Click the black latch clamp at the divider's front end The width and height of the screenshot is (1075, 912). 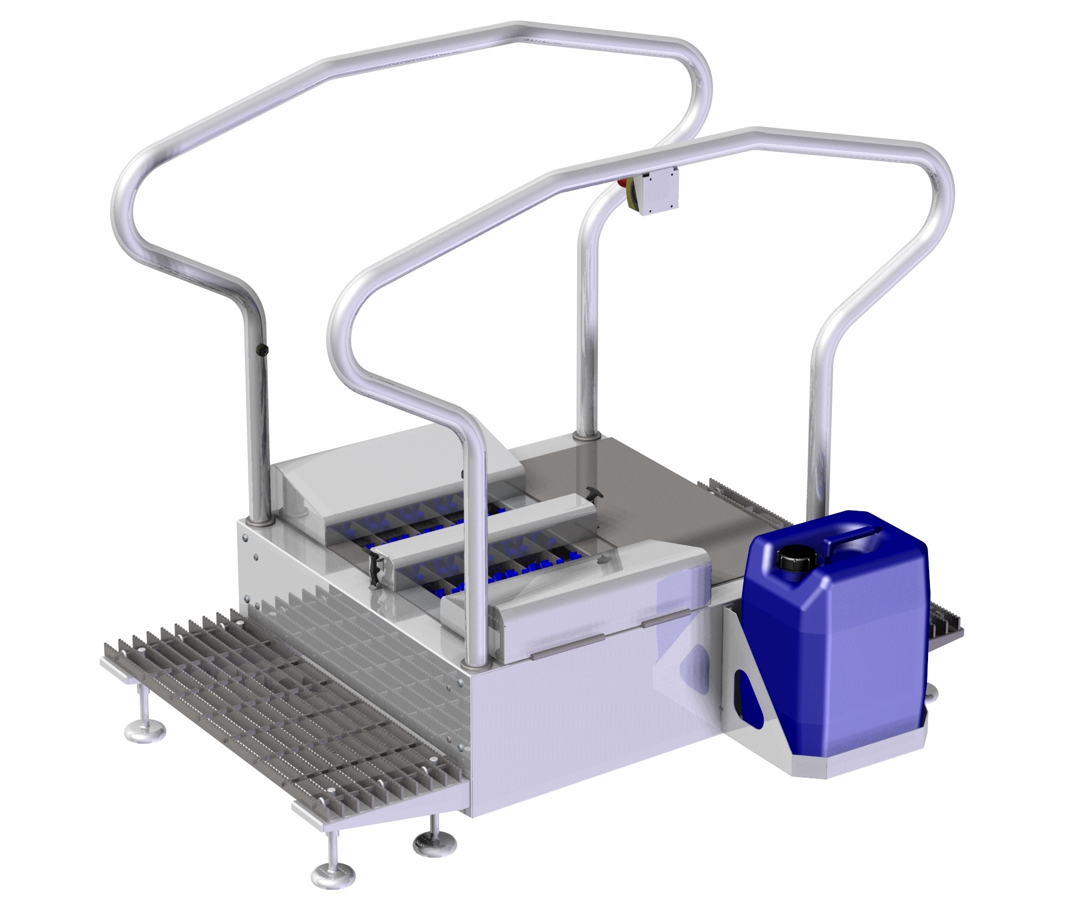click(x=376, y=567)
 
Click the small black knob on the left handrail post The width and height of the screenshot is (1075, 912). click(x=261, y=349)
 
